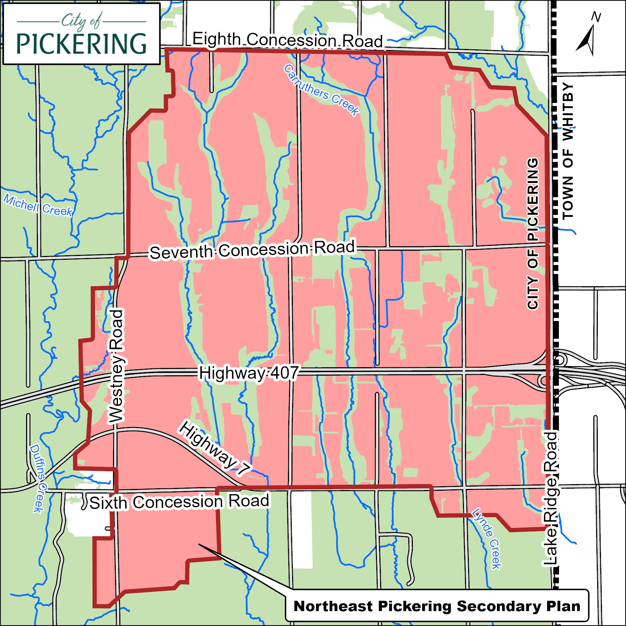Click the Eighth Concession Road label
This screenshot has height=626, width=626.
[287, 40]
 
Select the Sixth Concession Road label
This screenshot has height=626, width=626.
[179, 502]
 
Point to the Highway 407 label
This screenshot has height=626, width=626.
[248, 373]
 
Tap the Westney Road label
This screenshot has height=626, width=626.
[116, 366]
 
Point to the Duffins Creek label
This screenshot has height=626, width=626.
[38, 478]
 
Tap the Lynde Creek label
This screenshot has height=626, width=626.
[487, 538]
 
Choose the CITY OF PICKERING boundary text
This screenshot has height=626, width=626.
[532, 234]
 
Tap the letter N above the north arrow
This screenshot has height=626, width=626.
[596, 17]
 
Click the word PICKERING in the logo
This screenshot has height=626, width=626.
[81, 44]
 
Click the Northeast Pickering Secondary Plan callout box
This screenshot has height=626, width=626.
[437, 606]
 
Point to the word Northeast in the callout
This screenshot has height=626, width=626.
[333, 606]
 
